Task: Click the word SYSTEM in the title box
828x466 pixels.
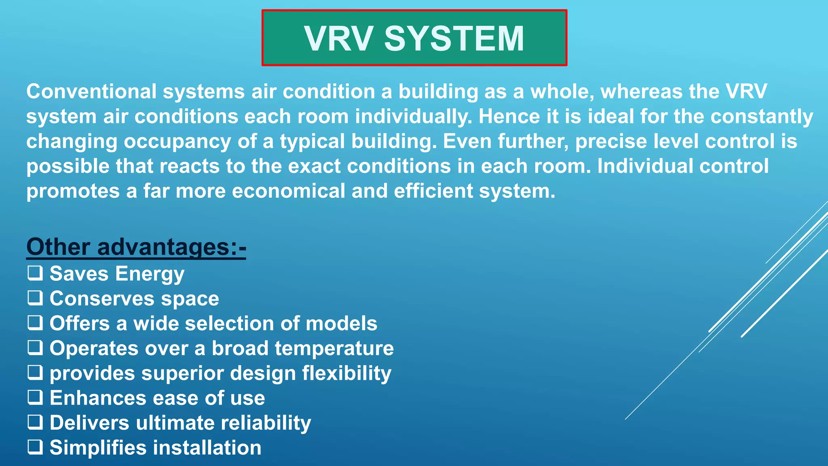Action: [x=454, y=39]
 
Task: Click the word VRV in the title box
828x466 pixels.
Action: [x=339, y=39]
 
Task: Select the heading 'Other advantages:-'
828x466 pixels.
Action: [x=136, y=247]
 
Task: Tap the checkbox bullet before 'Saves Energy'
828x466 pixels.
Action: [x=35, y=273]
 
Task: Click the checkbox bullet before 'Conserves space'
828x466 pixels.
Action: [x=35, y=298]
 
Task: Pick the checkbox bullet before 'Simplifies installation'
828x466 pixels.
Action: [x=35, y=447]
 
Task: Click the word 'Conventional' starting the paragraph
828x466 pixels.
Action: [x=91, y=91]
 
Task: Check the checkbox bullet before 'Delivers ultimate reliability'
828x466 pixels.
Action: [x=35, y=422]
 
